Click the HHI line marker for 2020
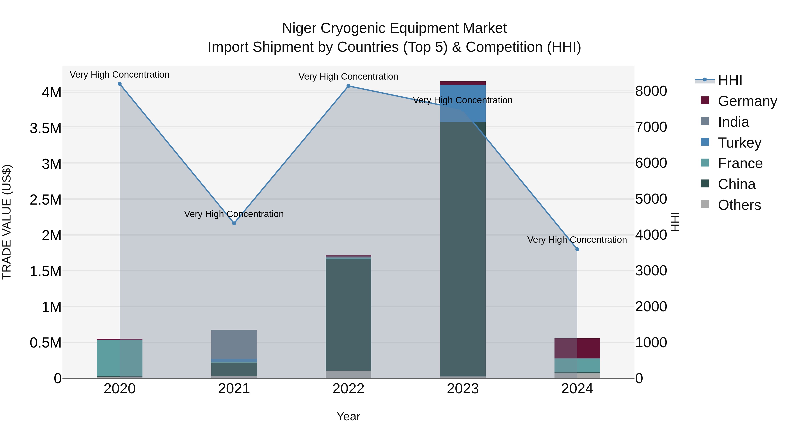[x=120, y=84]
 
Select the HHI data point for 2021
[x=234, y=223]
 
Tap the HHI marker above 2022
[x=348, y=86]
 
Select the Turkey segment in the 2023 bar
[x=463, y=103]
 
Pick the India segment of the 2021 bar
[x=234, y=344]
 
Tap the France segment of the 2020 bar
[x=120, y=358]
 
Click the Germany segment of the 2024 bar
[x=577, y=348]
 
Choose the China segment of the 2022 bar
[x=348, y=315]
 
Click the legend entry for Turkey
[x=739, y=143]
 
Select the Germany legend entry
[x=747, y=101]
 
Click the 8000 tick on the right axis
[x=651, y=91]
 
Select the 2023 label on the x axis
[x=463, y=389]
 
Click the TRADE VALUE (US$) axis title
[x=7, y=222]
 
